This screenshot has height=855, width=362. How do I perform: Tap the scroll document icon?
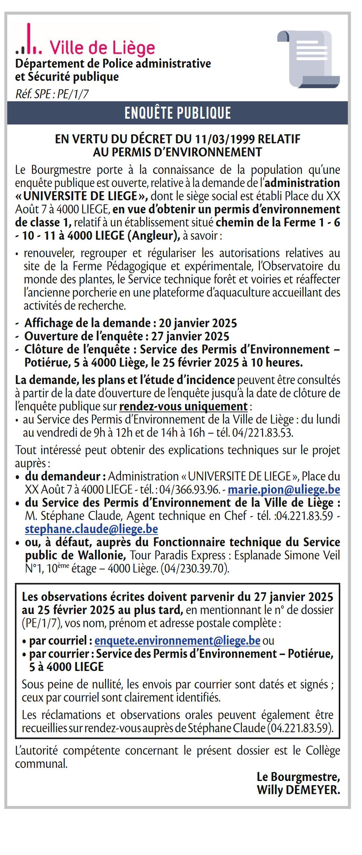309,59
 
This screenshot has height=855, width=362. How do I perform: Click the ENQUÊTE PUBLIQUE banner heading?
178,113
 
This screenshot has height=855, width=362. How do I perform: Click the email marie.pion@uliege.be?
284,490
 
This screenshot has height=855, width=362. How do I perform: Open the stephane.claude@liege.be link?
91,529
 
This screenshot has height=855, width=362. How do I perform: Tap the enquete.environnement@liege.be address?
177,641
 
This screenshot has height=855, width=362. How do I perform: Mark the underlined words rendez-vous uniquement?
183,406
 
